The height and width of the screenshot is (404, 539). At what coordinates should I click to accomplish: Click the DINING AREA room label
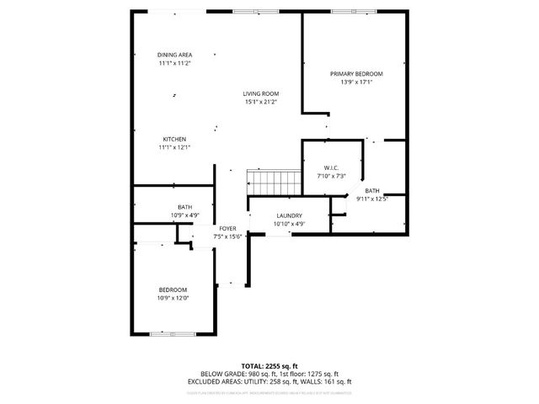(x=174, y=55)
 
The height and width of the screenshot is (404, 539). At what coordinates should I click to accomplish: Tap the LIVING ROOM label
(x=261, y=93)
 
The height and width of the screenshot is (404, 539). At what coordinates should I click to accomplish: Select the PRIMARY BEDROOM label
(x=355, y=74)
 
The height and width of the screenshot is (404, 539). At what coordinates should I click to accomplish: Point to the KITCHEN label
(x=174, y=139)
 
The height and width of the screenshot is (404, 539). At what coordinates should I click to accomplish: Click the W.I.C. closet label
(x=331, y=167)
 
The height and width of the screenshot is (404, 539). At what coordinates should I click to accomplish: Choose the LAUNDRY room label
(x=289, y=216)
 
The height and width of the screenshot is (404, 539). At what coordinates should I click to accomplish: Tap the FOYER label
(x=227, y=228)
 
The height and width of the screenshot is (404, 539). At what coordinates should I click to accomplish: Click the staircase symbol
(x=274, y=180)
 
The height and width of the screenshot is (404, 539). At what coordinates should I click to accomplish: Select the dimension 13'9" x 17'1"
(x=355, y=82)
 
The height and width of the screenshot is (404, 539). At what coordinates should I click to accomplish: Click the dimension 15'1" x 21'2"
(x=261, y=102)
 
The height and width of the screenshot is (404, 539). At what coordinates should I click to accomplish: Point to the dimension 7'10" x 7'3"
(x=331, y=176)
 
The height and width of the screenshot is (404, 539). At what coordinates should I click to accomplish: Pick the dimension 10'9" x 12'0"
(x=174, y=297)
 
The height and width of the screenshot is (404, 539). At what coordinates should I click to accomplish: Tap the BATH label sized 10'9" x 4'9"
(x=184, y=207)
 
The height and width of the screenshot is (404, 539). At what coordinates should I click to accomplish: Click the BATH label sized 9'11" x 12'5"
(x=372, y=190)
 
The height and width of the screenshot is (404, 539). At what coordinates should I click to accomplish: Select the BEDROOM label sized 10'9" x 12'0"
(x=174, y=289)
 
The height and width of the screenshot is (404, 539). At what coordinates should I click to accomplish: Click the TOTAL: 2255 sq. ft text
(x=269, y=366)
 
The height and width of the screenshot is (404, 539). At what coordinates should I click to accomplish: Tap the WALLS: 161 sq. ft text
(x=329, y=381)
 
